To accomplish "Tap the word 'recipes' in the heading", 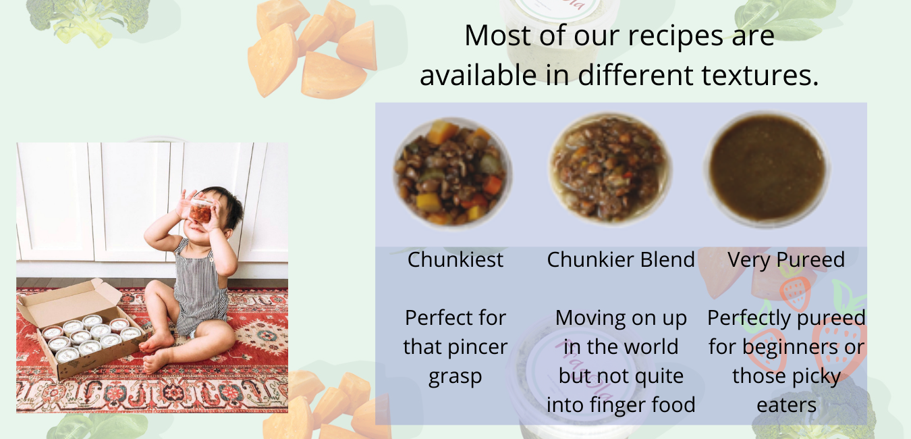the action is click(x=675, y=36).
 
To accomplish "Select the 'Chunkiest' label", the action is click(x=455, y=259).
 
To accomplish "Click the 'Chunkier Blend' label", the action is click(x=621, y=259).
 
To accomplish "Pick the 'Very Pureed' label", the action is click(x=786, y=260).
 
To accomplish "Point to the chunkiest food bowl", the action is click(x=452, y=172).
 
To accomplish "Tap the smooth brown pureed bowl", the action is click(x=767, y=168).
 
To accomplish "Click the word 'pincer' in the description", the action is click(x=478, y=347).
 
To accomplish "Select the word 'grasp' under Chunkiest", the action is click(x=455, y=377).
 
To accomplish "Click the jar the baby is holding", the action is click(x=201, y=210).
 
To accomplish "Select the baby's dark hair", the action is click(x=226, y=203).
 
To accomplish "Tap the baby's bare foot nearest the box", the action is click(x=156, y=341).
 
